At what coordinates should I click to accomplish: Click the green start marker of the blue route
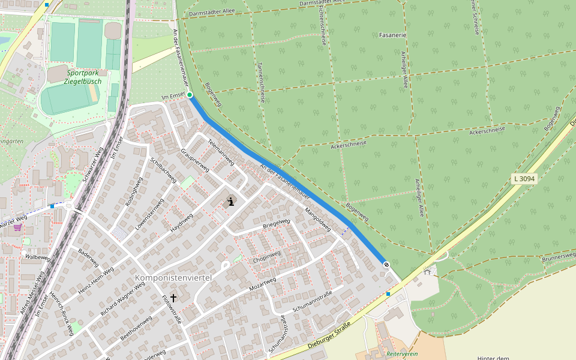190,95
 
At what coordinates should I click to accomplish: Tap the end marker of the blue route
386,265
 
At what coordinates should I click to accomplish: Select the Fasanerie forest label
393,35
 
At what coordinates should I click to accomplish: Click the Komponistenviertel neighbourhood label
173,278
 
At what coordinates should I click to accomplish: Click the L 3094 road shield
524,179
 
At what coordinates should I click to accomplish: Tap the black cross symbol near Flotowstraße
173,298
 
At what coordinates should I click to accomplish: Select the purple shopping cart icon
17,227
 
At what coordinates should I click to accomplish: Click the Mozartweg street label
262,284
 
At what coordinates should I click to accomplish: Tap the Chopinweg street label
266,256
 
